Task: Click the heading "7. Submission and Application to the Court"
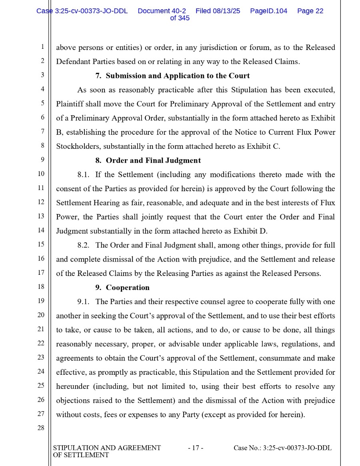[x=172, y=76]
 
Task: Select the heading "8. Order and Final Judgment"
[x=148, y=160]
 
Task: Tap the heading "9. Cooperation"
[x=122, y=288]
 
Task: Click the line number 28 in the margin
[x=41, y=428]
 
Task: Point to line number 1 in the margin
[x=42, y=47]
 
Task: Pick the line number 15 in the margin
[x=41, y=244]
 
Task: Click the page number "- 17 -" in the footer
[x=196, y=448]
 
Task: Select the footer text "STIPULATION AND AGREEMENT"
[x=107, y=448]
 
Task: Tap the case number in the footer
[x=282, y=448]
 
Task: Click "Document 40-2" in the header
[x=162, y=11]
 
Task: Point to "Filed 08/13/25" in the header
[x=218, y=11]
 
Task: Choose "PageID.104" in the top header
[x=268, y=11]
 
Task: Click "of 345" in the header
[x=180, y=18]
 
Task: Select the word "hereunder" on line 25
[x=72, y=386]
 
